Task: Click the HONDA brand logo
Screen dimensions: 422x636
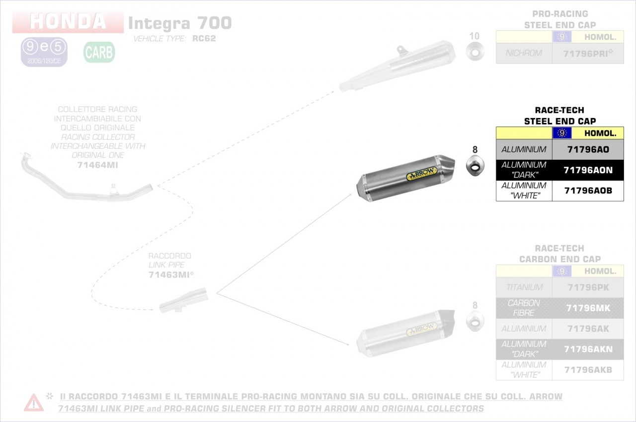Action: point(68,22)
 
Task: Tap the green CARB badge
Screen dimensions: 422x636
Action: point(99,52)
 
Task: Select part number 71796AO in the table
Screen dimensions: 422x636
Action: point(588,149)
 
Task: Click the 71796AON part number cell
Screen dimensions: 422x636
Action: point(588,170)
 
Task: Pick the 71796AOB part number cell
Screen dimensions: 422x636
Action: point(588,191)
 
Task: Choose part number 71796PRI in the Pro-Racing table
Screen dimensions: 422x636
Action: point(588,53)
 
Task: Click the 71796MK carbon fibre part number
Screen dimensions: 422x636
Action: point(588,308)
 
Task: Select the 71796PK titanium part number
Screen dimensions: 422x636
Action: point(588,287)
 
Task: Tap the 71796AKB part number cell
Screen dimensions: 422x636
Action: point(588,370)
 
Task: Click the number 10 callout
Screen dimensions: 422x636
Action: point(475,36)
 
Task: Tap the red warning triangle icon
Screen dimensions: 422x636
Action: point(33,402)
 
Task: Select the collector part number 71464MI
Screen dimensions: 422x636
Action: point(98,165)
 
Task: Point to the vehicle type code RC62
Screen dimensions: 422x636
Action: point(204,38)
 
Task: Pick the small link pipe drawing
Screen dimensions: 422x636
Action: point(183,300)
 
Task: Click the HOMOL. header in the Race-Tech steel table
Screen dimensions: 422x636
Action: point(600,133)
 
